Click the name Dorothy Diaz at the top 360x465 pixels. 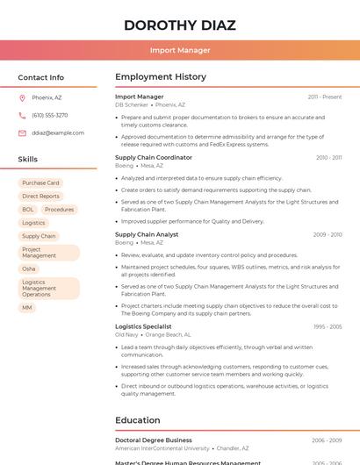(180, 25)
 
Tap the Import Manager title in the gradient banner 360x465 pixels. (180, 50)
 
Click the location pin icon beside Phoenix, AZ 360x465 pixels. (22, 97)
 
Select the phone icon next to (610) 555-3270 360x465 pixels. (22, 115)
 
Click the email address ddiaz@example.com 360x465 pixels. (58, 132)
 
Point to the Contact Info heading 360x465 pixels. (40, 77)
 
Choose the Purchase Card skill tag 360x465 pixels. (40, 183)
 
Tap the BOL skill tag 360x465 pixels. (28, 210)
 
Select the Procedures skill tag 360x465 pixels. (60, 210)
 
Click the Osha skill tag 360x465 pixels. (29, 268)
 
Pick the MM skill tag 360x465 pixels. (27, 308)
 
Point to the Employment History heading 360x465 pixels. (161, 77)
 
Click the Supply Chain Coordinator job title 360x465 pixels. (154, 158)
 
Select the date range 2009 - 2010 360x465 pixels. (328, 235)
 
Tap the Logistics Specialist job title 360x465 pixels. (143, 326)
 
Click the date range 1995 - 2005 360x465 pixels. (328, 326)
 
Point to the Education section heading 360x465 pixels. (138, 420)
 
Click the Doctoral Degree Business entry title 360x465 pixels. (154, 440)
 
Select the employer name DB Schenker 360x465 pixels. (132, 104)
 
